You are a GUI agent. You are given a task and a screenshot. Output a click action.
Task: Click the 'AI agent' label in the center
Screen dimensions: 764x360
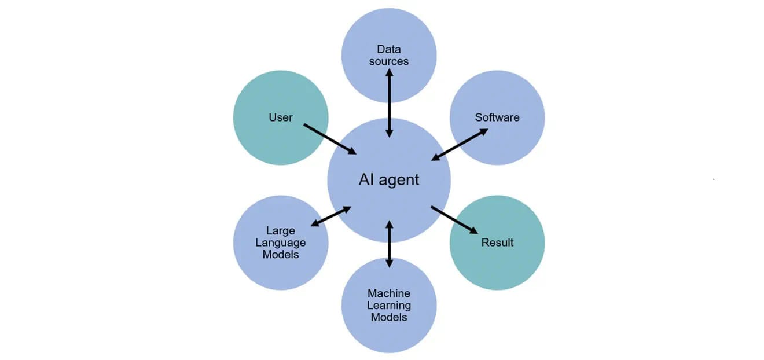(389, 179)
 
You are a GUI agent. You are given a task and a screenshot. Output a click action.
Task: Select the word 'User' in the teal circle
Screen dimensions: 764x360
(280, 117)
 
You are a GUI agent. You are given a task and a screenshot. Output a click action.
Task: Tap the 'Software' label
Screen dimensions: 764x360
(497, 117)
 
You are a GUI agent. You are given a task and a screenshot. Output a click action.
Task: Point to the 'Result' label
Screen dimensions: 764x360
(497, 243)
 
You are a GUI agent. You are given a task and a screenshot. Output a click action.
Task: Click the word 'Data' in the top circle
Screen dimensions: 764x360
(389, 49)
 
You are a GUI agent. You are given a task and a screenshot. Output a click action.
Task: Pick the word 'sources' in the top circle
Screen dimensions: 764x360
(389, 61)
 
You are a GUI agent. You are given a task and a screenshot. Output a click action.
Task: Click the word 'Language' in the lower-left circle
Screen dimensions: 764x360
(280, 243)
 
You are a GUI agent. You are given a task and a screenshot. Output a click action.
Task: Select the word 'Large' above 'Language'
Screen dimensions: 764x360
(280, 231)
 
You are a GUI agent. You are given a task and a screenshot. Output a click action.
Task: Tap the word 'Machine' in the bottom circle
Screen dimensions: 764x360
(389, 293)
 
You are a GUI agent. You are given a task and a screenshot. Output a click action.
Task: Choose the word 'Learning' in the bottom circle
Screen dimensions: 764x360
(389, 306)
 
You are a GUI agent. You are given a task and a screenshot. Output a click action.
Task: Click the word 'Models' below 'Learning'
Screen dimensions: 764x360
(389, 317)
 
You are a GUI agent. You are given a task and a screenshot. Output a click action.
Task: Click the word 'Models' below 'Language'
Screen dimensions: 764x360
(280, 254)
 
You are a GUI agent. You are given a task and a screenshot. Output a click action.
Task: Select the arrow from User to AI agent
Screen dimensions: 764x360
(330, 139)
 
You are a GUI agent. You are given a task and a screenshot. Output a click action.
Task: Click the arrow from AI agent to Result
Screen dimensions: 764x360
(454, 220)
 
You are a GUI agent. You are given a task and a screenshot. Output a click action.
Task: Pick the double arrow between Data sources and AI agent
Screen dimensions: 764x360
(389, 103)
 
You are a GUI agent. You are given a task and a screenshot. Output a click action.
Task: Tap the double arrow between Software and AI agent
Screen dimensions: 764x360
(460, 145)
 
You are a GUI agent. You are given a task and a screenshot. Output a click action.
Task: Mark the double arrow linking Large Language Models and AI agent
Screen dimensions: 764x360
(331, 216)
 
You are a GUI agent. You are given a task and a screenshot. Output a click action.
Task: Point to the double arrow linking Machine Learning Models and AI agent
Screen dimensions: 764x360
(389, 244)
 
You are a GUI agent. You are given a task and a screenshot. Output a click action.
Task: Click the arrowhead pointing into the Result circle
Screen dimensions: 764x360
(474, 230)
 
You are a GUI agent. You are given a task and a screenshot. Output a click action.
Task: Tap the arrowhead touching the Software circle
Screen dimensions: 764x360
(484, 131)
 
